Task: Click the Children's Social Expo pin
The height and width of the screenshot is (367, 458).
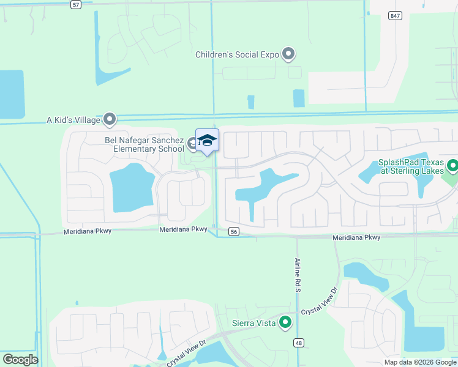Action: click(289, 54)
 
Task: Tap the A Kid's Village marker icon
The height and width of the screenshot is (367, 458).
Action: click(110, 119)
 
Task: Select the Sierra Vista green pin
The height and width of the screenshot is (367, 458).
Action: click(285, 322)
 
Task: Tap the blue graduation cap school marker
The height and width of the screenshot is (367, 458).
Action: click(207, 141)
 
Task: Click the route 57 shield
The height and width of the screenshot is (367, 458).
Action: click(75, 4)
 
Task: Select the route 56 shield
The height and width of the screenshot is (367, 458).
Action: click(233, 231)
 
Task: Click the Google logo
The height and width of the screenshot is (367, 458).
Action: click(20, 360)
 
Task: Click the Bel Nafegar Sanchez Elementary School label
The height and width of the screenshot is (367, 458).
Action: click(145, 144)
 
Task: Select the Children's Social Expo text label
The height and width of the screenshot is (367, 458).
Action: click(237, 54)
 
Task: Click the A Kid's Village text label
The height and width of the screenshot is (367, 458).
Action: click(73, 120)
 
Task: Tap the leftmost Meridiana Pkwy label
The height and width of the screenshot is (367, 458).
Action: click(84, 232)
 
